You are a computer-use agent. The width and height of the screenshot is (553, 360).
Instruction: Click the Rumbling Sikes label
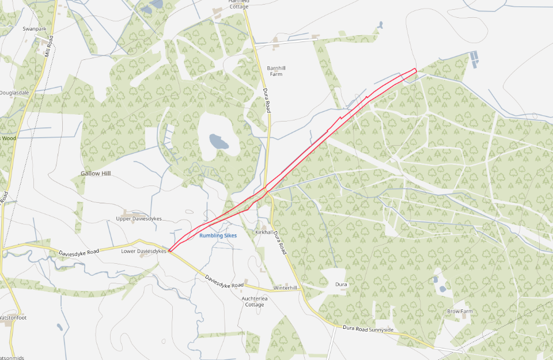point(218,235)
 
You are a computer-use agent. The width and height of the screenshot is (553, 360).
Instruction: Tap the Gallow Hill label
point(95,173)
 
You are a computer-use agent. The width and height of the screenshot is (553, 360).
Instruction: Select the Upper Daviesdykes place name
point(139,219)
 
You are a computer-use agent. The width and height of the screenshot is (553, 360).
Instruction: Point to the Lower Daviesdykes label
point(144,251)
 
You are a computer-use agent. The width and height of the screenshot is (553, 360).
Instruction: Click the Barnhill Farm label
point(276,71)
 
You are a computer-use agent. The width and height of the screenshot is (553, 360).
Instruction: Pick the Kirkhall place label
point(263,232)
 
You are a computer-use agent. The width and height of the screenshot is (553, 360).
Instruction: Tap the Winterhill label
point(285,287)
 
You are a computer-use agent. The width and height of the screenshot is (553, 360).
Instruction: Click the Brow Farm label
point(460,311)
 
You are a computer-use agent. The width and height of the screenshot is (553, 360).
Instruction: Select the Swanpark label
point(33,28)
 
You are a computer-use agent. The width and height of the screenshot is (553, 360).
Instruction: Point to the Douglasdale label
point(14,92)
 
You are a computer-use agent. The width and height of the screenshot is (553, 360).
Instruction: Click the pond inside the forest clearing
point(218,140)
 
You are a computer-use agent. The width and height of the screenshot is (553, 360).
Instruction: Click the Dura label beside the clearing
point(341,285)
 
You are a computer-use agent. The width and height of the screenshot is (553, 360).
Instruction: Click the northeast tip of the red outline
point(415,70)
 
